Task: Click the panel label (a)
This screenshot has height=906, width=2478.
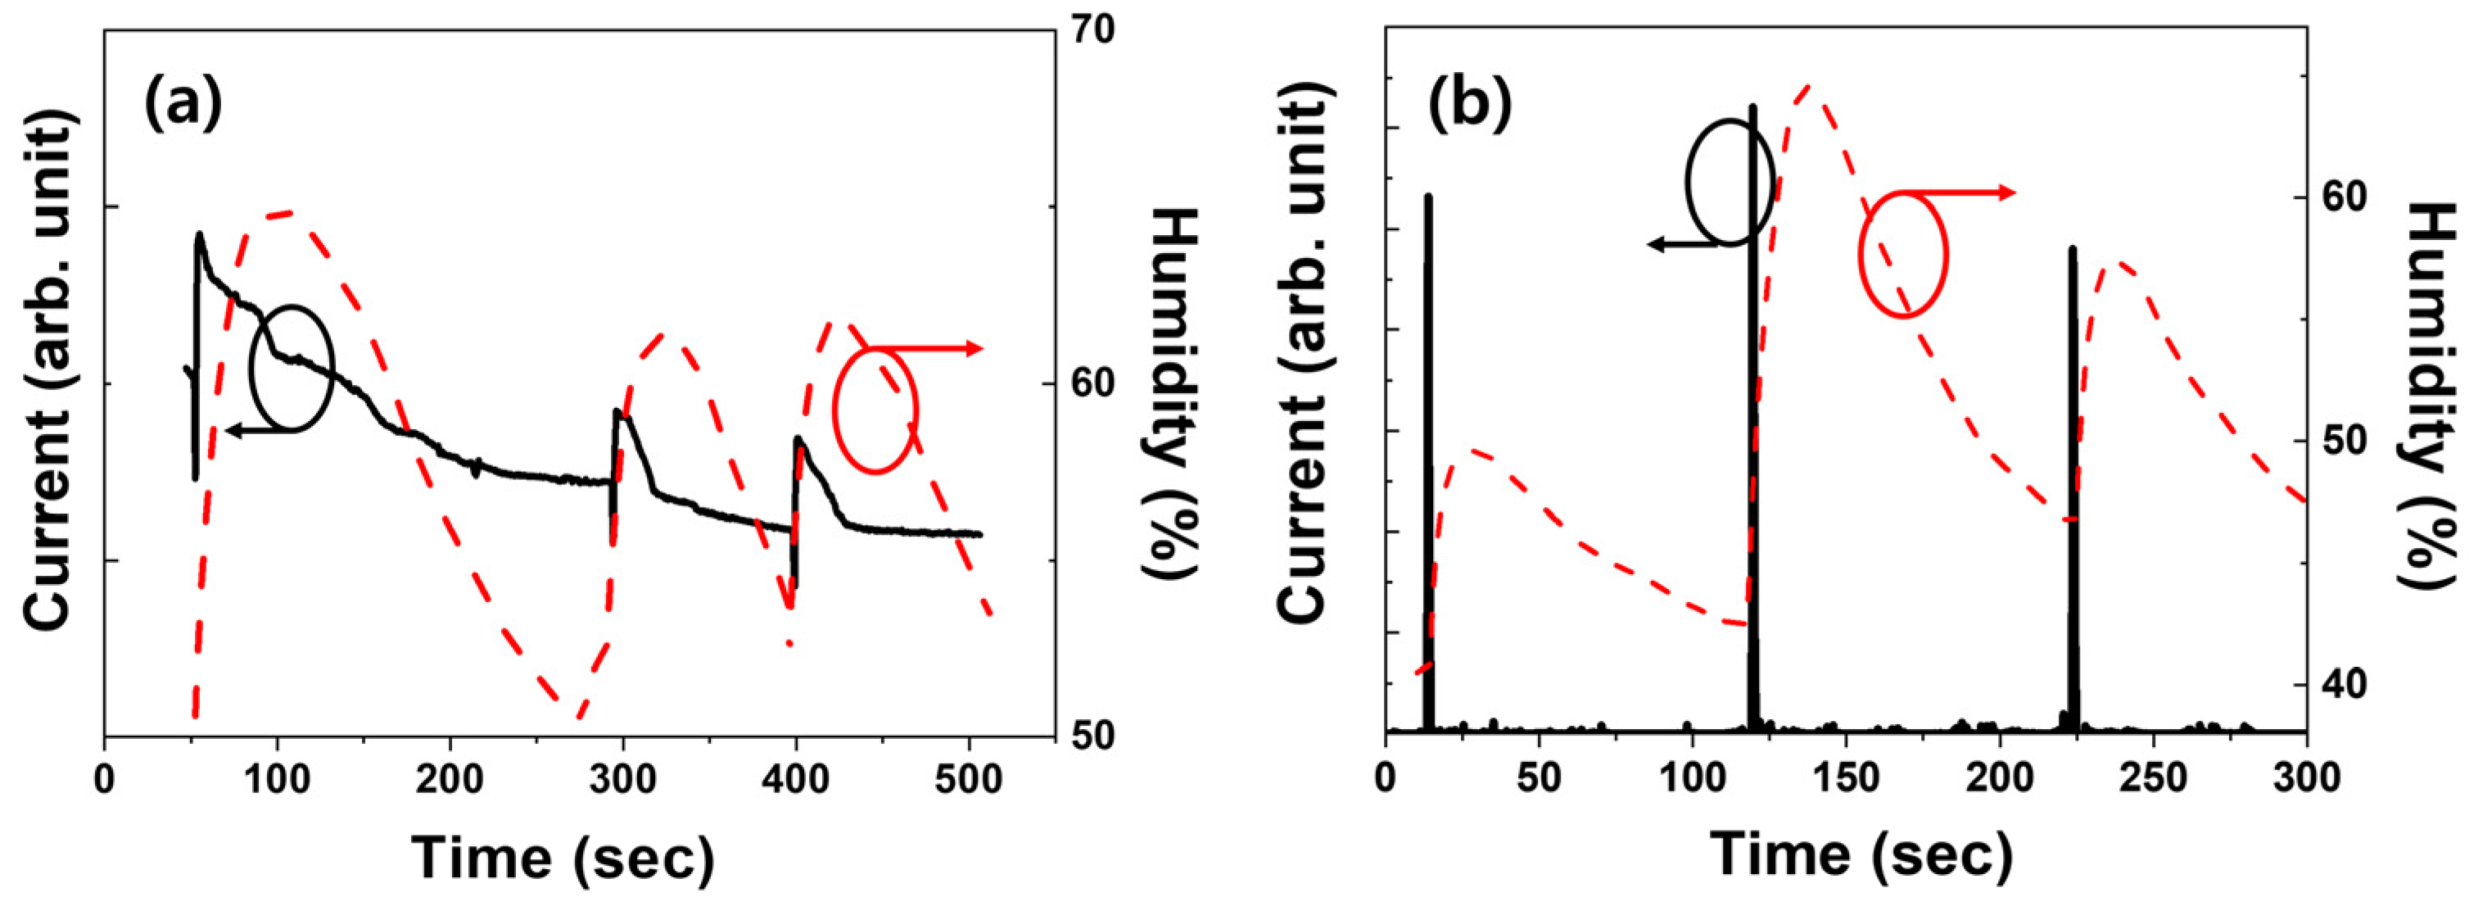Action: coord(183,104)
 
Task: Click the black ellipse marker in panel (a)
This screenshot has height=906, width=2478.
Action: coord(292,368)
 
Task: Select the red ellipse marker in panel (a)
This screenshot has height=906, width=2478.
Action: coord(875,410)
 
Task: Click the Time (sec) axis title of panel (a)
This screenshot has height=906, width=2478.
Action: coord(563,855)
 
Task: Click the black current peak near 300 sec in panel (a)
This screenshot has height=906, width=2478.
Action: coord(617,414)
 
